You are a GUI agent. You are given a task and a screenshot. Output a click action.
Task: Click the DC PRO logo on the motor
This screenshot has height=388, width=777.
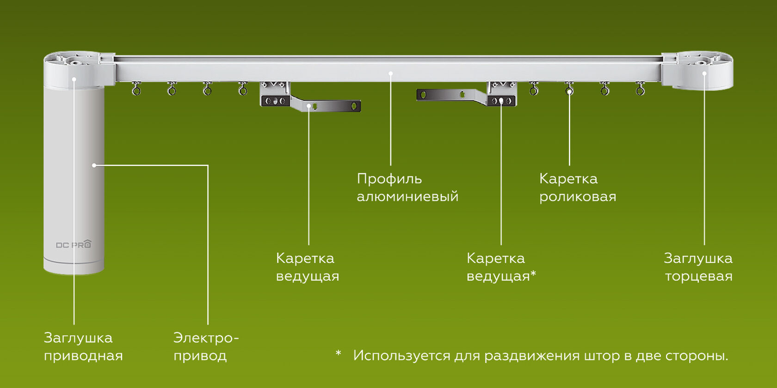(74, 244)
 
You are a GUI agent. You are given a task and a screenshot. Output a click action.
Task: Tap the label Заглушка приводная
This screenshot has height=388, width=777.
(83, 346)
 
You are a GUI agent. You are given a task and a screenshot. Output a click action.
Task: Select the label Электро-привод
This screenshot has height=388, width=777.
(205, 346)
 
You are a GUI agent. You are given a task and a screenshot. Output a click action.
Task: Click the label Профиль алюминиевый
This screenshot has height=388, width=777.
(407, 188)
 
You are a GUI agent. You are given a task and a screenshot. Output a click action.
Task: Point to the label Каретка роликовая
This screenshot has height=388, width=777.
(577, 188)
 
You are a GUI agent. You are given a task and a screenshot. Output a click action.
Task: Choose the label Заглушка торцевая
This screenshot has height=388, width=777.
(698, 267)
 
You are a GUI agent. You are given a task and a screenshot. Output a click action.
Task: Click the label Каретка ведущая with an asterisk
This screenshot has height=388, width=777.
(501, 267)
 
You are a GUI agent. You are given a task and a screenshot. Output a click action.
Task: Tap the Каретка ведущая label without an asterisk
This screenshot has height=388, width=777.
(307, 267)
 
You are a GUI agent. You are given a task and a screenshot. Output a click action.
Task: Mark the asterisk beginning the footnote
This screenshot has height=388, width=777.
(339, 354)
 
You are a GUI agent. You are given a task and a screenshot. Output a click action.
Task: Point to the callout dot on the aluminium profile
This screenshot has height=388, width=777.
(391, 73)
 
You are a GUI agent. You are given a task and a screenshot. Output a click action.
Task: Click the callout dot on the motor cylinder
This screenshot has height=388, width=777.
(94, 165)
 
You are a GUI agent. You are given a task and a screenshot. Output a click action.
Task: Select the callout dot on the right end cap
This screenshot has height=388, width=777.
(704, 73)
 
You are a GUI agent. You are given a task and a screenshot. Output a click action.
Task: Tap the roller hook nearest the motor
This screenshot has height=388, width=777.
(136, 89)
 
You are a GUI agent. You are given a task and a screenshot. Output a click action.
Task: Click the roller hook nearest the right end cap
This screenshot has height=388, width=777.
(640, 89)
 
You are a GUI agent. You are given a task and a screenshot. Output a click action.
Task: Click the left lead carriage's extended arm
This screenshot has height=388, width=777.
(331, 106)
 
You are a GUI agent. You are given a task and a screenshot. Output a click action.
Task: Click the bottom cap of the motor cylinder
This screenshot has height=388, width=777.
(74, 268)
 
